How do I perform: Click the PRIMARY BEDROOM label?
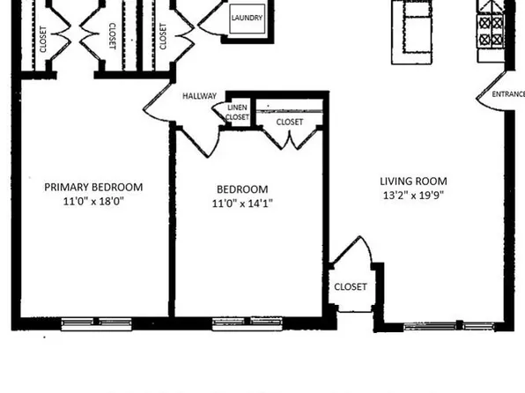93,187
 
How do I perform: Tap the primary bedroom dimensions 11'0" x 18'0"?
93,202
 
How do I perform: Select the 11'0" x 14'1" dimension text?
242,204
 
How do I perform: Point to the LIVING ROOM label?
413,182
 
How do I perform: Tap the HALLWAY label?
200,96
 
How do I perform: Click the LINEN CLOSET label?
237,112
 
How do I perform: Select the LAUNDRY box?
248,19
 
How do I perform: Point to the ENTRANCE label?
508,94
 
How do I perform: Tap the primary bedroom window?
96,323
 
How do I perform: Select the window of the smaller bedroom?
248,323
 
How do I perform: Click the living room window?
448,326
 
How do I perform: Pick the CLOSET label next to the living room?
351,286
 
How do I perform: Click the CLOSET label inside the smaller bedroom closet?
290,122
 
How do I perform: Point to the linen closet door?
219,112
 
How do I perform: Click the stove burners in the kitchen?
491,32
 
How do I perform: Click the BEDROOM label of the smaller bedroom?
242,189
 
